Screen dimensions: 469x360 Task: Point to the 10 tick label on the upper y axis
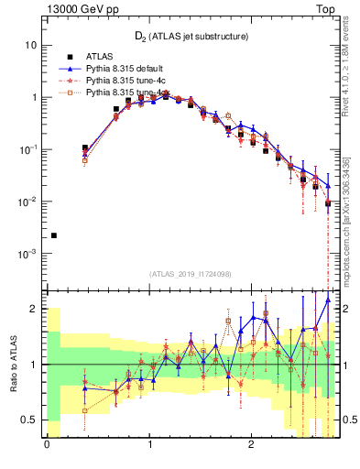(30, 45)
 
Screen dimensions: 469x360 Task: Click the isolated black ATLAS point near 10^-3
(53, 235)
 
